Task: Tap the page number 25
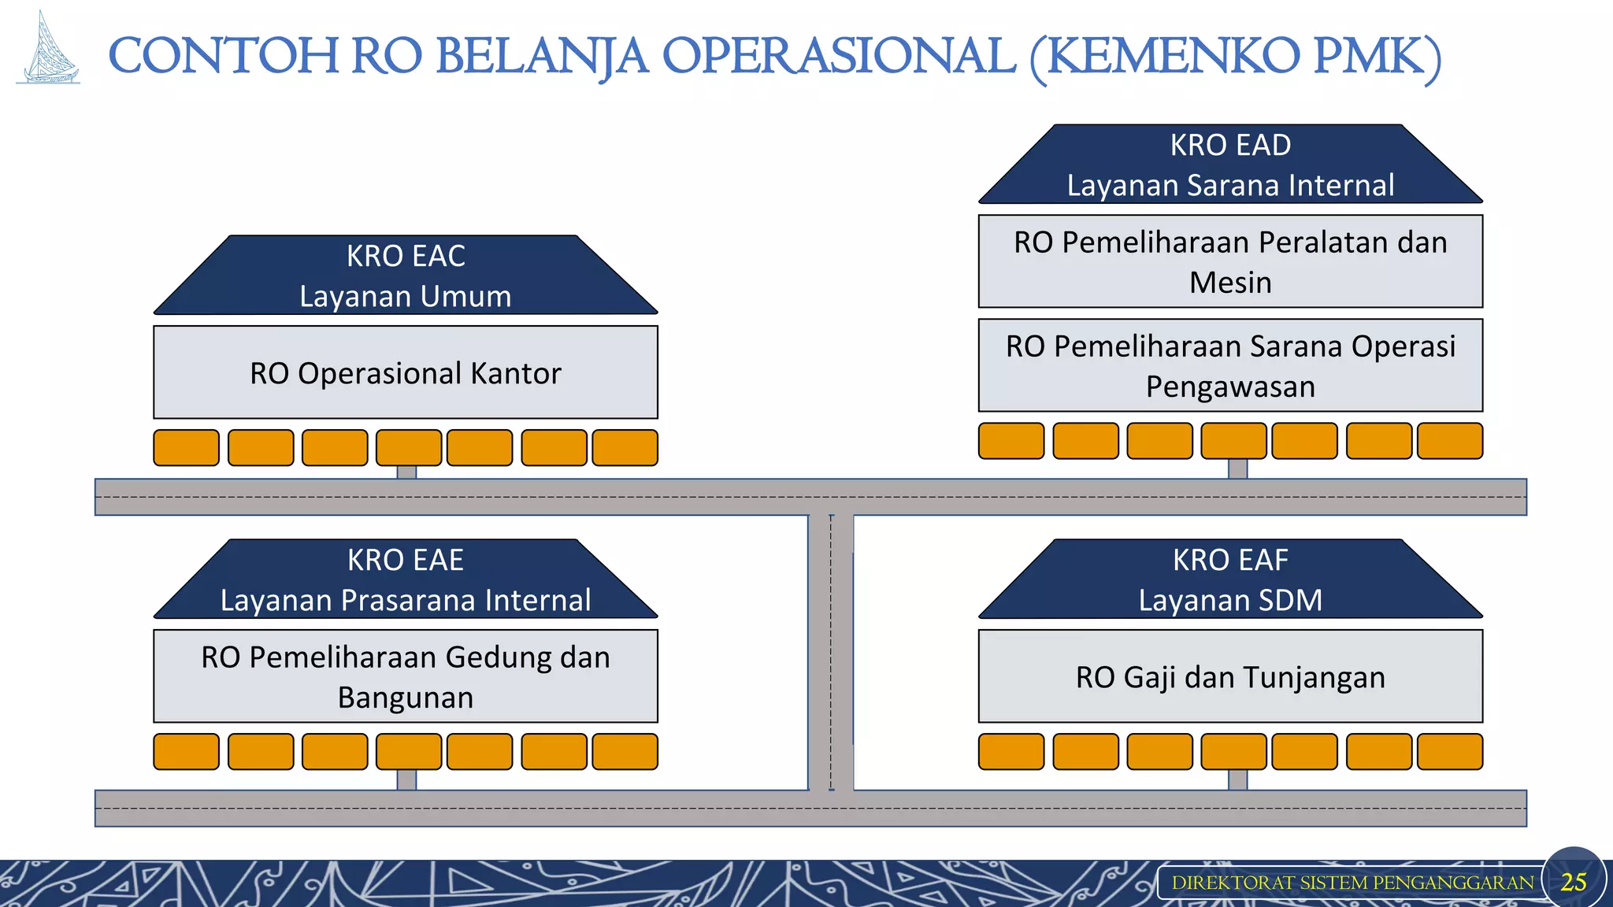click(1573, 882)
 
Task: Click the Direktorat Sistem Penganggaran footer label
click(1352, 883)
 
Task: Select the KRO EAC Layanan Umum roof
click(406, 276)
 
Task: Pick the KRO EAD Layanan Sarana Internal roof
click(1230, 165)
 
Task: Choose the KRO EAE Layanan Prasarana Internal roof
click(406, 579)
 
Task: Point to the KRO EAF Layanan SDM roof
click(1230, 579)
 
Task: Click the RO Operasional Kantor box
click(406, 372)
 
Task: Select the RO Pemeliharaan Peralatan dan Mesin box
click(1230, 261)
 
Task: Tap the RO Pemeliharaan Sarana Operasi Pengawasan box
click(1230, 365)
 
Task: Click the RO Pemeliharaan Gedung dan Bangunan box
click(406, 676)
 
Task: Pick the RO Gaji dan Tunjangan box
click(1230, 676)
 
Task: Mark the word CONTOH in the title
click(223, 57)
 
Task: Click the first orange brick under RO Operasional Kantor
click(187, 448)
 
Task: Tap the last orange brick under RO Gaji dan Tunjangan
click(1449, 751)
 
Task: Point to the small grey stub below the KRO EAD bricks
click(1237, 469)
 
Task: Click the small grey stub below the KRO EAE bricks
click(406, 780)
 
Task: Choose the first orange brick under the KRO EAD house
click(1011, 441)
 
